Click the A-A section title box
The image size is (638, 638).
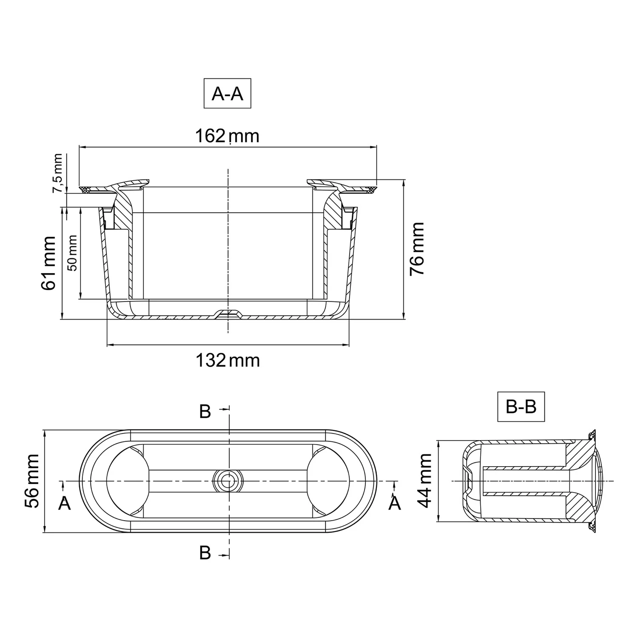pos(227,94)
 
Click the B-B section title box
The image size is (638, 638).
pos(521,407)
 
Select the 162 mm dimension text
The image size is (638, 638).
pos(227,136)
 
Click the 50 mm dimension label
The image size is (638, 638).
pos(73,253)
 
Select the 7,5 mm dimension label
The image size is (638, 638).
pos(58,174)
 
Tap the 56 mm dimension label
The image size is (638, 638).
pos(32,481)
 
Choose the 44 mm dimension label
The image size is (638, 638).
pos(425,481)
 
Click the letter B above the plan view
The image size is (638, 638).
pos(205,412)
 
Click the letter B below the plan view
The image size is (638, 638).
pos(205,553)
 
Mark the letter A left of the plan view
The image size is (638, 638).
pos(64,504)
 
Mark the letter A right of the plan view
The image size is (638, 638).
pos(395,504)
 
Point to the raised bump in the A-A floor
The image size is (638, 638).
pos(228,314)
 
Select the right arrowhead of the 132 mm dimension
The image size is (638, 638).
pos(347,345)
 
